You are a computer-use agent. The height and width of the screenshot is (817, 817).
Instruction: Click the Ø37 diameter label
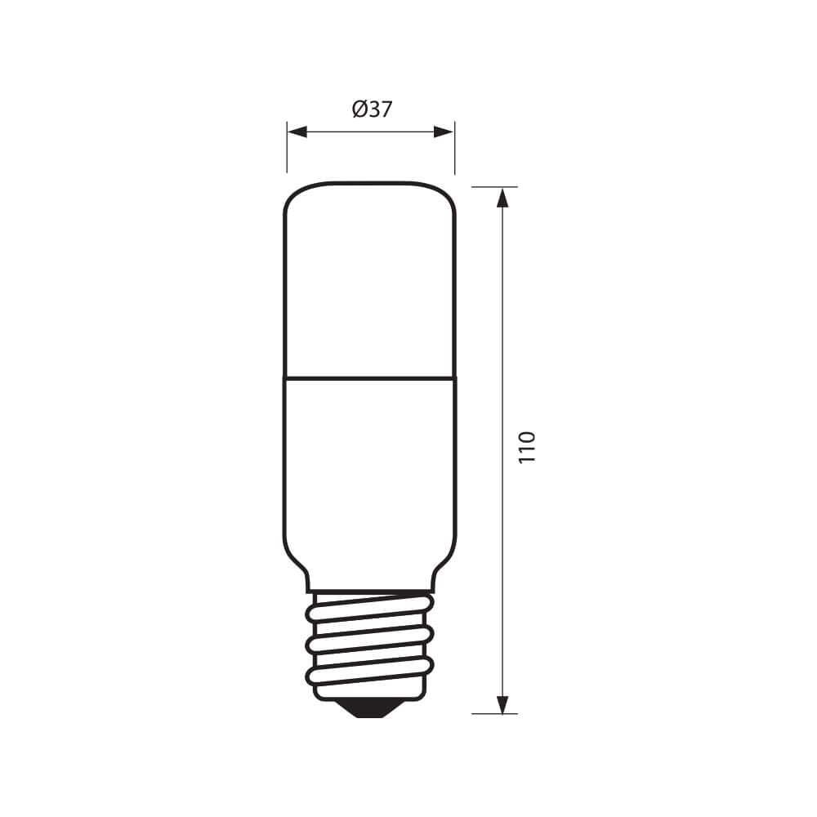click(x=372, y=109)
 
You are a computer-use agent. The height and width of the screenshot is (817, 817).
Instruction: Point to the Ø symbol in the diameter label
click(x=359, y=109)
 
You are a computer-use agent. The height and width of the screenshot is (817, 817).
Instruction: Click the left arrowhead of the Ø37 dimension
click(x=296, y=132)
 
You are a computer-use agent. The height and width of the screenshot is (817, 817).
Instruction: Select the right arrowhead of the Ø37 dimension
click(x=445, y=132)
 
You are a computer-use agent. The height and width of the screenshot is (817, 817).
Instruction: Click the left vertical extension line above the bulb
click(x=287, y=147)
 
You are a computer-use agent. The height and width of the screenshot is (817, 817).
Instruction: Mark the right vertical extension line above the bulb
click(x=455, y=147)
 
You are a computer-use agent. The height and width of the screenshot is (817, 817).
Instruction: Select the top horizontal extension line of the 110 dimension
click(x=494, y=187)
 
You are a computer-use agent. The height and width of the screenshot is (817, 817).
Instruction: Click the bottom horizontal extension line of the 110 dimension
click(x=494, y=713)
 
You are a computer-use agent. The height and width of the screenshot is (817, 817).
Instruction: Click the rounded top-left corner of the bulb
click(x=292, y=192)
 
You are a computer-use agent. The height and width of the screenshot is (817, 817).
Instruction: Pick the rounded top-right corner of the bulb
click(x=448, y=192)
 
